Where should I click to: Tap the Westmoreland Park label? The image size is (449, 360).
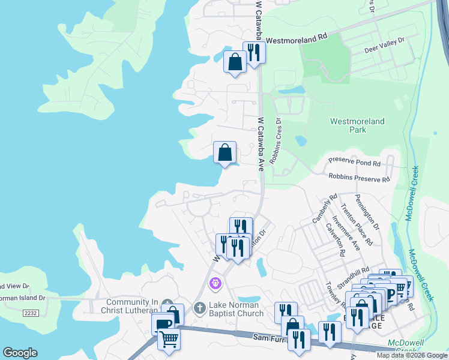coord(358,125)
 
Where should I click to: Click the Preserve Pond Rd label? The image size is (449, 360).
coord(354,163)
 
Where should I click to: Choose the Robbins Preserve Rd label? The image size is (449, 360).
coord(359,178)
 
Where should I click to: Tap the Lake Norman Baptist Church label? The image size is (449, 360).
coord(236,309)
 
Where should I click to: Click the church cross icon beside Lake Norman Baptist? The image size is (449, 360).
coord(200,308)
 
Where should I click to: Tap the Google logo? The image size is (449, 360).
coord(20,353)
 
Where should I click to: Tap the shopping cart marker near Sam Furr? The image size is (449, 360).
coord(169,340)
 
